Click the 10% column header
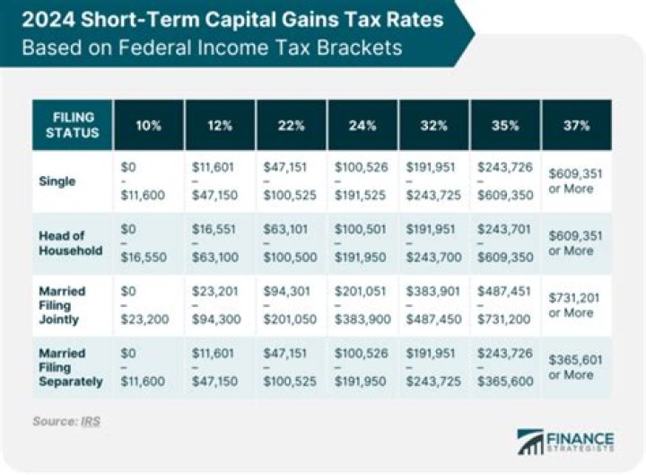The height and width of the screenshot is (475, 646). (x=149, y=126)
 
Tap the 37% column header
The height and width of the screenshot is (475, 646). (x=577, y=126)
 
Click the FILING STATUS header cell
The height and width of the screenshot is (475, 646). (x=73, y=126)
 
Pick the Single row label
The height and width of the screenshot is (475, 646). (x=57, y=181)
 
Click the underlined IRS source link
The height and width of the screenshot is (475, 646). (x=91, y=420)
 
